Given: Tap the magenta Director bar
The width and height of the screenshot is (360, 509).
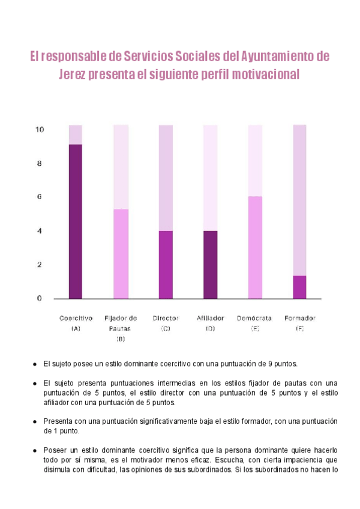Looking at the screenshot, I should coord(166,264).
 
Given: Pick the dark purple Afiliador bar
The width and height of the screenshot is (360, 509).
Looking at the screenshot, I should coord(210,264).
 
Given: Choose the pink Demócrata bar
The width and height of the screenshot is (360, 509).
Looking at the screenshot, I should coord(255,247).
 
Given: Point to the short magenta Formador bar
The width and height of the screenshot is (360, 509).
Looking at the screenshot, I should coord(299,287).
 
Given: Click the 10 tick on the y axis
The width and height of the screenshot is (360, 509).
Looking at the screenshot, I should coord(40,130).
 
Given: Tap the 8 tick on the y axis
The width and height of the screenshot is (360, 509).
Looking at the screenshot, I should coord(40,163).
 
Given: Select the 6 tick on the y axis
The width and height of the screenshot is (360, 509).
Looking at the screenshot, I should coord(40,197).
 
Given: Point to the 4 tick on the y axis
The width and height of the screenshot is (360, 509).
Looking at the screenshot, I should coord(40,231).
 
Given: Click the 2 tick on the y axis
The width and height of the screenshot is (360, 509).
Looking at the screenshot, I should coord(40,265).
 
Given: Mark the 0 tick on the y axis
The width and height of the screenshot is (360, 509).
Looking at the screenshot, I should coord(40,298).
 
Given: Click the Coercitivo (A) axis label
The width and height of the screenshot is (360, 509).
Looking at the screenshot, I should coord(76,323).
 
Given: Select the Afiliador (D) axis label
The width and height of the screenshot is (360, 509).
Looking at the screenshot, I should coord(210,323).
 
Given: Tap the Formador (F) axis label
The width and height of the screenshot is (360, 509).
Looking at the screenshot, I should coord(299,323).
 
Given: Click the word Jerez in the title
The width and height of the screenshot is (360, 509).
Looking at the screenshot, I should coord(73,75).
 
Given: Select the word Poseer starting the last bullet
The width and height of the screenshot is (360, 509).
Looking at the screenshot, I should coord(56,450).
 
